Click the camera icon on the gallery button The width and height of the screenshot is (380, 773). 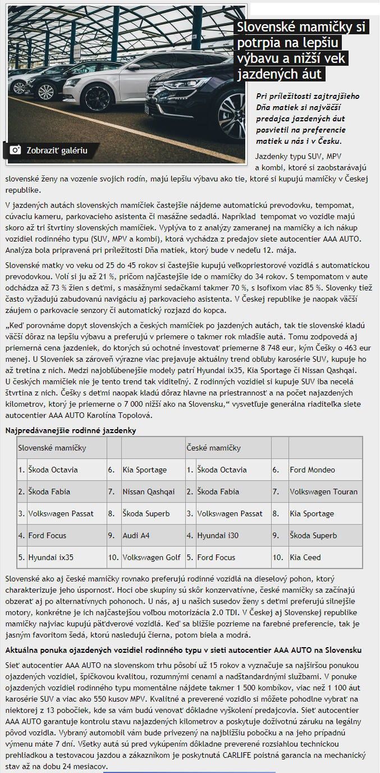(15, 150)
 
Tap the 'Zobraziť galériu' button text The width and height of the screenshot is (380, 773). (57, 151)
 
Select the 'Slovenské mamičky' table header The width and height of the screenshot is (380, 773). (52, 448)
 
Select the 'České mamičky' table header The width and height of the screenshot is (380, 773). (213, 448)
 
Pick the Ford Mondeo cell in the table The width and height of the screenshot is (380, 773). (312, 470)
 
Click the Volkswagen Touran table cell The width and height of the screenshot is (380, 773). (323, 492)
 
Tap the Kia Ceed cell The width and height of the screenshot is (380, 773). (305, 557)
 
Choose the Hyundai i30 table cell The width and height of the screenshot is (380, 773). (219, 535)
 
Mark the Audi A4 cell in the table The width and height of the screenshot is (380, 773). (136, 535)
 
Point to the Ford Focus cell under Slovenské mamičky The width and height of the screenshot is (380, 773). (47, 535)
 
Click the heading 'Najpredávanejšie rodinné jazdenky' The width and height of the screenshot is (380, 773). (71, 430)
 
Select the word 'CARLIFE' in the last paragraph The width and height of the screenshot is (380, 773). (255, 756)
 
